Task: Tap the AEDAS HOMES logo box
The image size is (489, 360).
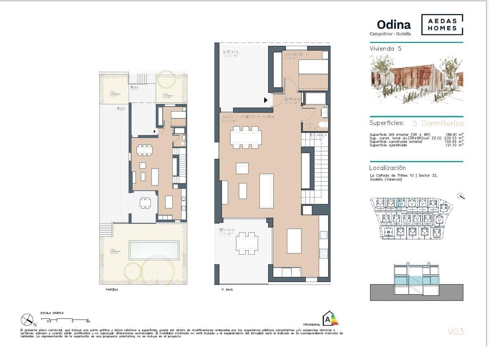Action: pos(442,25)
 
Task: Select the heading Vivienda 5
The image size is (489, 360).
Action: pos(385,49)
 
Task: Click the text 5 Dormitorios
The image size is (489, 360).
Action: pos(438,123)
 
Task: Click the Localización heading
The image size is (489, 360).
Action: pos(387,168)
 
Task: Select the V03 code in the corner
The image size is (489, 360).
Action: pos(455,331)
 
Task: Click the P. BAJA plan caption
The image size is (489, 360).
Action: pos(227,290)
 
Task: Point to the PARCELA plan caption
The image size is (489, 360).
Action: pos(112,290)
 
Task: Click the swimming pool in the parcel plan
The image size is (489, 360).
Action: pos(154,250)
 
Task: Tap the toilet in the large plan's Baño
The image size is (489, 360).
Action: pos(323,125)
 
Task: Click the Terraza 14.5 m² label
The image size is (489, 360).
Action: pos(226,232)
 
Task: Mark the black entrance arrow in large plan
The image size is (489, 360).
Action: pos(266,100)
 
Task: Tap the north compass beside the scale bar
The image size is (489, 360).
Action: pos(27,320)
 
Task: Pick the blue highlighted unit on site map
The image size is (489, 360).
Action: pos(399,204)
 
